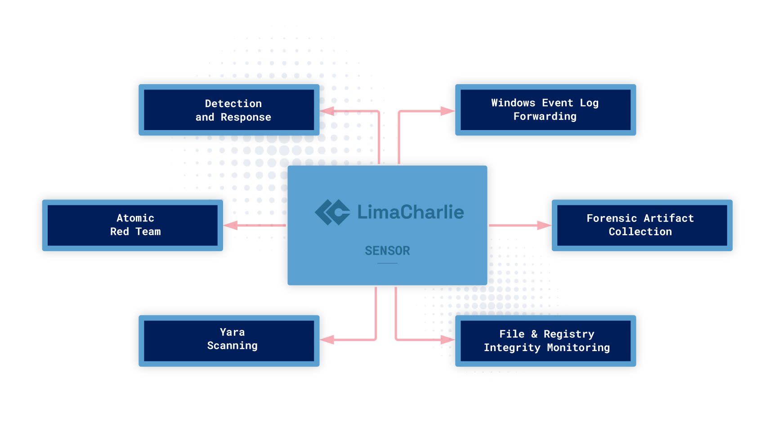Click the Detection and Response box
point(229,110)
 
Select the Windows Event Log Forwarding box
point(546,110)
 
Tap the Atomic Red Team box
point(133,225)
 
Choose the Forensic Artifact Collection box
point(642,225)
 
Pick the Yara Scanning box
point(229,341)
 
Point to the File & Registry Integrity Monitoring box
point(546,341)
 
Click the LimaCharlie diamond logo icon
point(332,212)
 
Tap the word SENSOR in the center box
point(387,251)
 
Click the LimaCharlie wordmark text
point(410,212)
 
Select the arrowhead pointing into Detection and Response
point(327,111)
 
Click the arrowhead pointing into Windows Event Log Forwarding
point(447,111)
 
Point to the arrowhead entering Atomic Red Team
point(231,225)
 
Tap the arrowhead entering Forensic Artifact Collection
point(544,225)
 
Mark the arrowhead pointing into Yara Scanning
point(327,340)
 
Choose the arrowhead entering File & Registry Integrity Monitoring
point(447,340)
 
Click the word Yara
point(232,332)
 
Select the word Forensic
point(612,218)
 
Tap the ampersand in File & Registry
point(534,334)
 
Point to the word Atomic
point(135,218)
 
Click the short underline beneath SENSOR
point(387,263)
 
